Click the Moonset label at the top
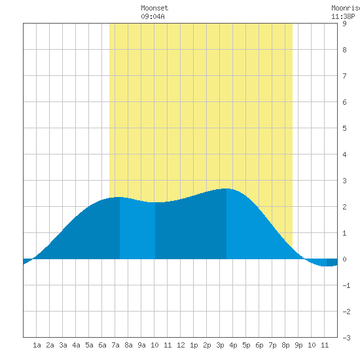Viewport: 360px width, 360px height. click(x=154, y=8)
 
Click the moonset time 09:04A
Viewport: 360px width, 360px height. click(x=153, y=16)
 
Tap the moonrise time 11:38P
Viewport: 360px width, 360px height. click(x=343, y=16)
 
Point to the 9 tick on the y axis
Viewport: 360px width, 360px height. click(x=344, y=24)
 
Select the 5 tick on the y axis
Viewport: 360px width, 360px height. click(x=344, y=128)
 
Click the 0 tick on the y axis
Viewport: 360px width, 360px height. click(x=344, y=259)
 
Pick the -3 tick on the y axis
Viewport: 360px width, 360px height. click(x=346, y=338)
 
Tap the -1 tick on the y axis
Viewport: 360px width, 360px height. click(x=346, y=285)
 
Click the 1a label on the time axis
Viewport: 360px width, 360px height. click(x=37, y=345)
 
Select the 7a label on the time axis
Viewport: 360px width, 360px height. click(x=115, y=345)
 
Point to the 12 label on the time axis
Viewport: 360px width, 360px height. click(x=181, y=345)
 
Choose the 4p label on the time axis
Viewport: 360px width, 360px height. click(x=233, y=345)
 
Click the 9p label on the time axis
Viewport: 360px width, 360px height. click(x=298, y=345)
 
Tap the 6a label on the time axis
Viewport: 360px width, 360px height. click(x=102, y=345)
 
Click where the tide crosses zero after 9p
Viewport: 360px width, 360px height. click(x=304, y=259)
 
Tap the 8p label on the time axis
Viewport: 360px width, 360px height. click(x=285, y=345)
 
